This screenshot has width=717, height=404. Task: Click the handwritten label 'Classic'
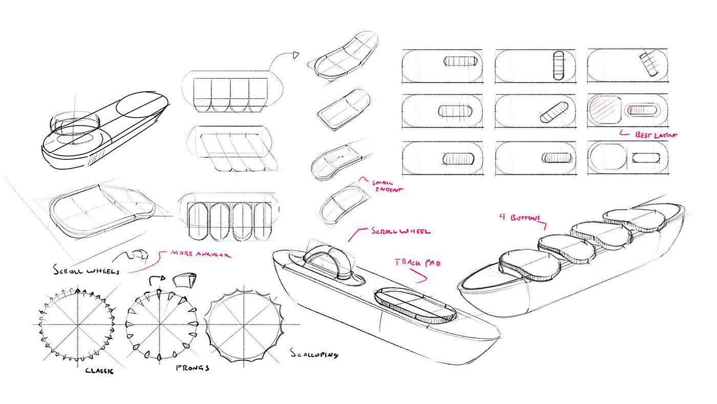click(x=99, y=370)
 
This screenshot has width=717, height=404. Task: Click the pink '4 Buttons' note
click(x=519, y=218)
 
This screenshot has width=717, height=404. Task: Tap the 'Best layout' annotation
click(x=656, y=134)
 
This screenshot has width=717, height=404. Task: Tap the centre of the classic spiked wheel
click(x=77, y=325)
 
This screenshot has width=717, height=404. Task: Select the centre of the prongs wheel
click(x=161, y=325)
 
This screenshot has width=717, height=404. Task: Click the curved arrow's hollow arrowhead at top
click(x=297, y=54)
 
